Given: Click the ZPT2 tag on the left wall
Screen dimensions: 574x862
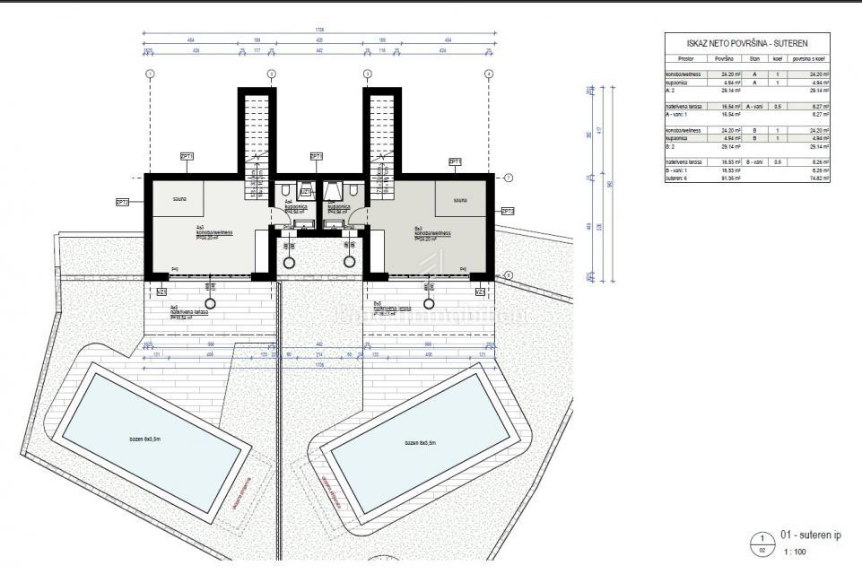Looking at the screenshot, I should click(123, 203).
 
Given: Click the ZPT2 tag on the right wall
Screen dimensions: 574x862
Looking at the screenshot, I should click(507, 211).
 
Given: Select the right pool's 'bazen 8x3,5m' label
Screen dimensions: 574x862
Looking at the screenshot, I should click(419, 443).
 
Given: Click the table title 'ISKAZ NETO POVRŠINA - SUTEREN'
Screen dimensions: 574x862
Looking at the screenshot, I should click(744, 43).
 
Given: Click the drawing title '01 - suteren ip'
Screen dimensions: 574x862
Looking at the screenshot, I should click(810, 535).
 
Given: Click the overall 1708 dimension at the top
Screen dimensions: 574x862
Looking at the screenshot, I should click(318, 30).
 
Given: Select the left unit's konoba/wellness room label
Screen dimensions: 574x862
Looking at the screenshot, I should click(214, 231).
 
